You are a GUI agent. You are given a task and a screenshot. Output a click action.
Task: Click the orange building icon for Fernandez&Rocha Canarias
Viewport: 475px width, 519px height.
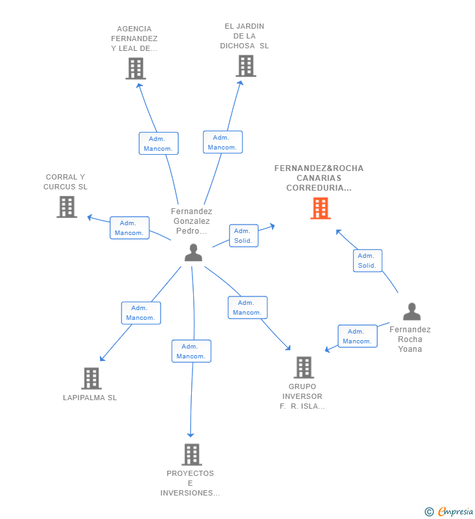pyautogui.click(x=320, y=208)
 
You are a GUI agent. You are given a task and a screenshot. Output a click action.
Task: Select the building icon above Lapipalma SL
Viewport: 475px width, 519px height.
pyautogui.click(x=91, y=378)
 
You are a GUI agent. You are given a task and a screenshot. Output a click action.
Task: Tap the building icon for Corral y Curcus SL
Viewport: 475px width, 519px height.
pyautogui.click(x=67, y=207)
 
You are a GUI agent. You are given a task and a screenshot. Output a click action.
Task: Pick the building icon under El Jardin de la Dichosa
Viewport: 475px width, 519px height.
pyautogui.click(x=246, y=66)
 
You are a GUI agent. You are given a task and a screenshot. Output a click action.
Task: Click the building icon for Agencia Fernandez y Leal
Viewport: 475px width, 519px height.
pyautogui.click(x=135, y=69)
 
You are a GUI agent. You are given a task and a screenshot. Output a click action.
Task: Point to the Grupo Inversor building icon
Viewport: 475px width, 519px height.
pyautogui.click(x=303, y=367)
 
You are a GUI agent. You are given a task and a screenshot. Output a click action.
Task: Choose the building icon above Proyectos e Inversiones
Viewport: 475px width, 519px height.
pyautogui.click(x=191, y=454)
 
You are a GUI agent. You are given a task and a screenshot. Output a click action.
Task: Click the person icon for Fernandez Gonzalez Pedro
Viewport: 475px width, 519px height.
pyautogui.click(x=193, y=253)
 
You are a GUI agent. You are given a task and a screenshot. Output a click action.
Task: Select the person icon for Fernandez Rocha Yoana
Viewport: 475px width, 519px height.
pyautogui.click(x=412, y=312)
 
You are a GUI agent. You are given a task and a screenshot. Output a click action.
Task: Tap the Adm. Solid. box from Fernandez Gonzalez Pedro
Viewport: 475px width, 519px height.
pyautogui.click(x=244, y=236)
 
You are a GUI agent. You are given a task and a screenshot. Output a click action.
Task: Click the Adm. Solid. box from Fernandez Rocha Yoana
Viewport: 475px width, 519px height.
pyautogui.click(x=367, y=260)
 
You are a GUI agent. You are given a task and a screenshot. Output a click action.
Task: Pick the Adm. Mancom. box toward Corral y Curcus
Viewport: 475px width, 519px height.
pyautogui.click(x=129, y=228)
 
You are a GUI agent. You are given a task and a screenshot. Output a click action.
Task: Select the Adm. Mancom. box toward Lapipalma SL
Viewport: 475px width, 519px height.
pyautogui.click(x=141, y=313)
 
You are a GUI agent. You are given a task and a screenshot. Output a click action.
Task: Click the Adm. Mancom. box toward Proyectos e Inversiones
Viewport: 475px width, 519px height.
pyautogui.click(x=191, y=351)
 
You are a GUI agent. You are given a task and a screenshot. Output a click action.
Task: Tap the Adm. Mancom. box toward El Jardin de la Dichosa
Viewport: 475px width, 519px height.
pyautogui.click(x=222, y=142)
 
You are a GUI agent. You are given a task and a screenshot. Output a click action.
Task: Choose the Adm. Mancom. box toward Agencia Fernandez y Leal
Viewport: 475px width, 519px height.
pyautogui.click(x=159, y=144)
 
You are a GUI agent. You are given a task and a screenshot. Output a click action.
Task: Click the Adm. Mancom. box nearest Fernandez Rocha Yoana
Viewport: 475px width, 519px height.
pyautogui.click(x=357, y=336)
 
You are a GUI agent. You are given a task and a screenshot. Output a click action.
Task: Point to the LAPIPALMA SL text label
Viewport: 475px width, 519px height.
pyautogui.click(x=90, y=398)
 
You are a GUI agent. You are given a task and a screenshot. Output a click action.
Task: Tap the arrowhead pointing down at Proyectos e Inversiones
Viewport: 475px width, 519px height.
pyautogui.click(x=191, y=434)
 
